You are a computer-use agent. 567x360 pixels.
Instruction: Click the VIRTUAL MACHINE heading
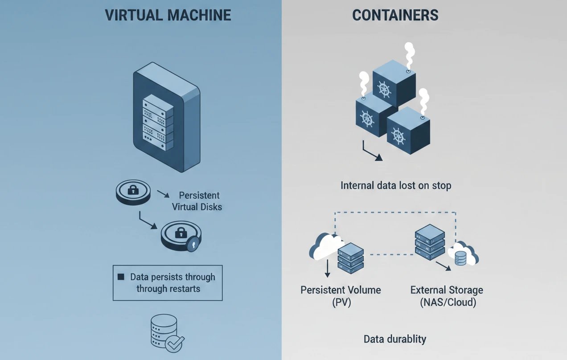click(168, 15)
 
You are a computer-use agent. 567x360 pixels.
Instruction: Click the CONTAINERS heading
click(395, 15)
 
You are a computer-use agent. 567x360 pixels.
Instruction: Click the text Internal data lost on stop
click(396, 185)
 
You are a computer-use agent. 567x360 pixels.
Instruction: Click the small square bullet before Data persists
click(120, 277)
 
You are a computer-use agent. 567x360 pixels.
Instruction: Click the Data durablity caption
click(395, 339)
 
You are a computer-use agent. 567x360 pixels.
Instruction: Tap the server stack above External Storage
click(429, 243)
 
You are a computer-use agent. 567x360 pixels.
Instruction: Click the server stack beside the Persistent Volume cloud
click(351, 258)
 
